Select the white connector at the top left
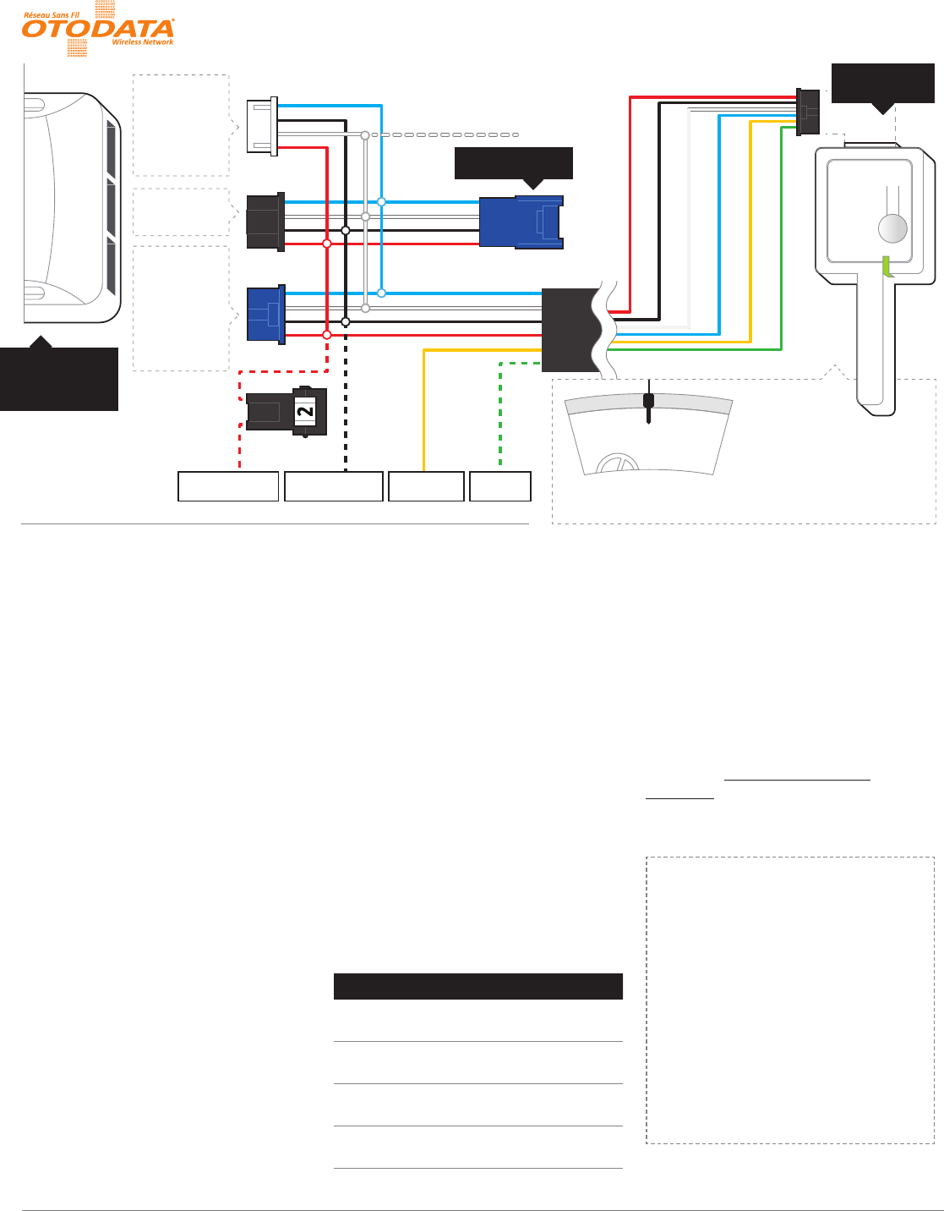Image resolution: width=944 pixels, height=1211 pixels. click(261, 126)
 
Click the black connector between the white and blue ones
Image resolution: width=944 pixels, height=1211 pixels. click(265, 222)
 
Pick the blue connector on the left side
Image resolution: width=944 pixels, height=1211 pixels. click(265, 315)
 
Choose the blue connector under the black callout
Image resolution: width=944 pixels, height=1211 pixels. click(521, 222)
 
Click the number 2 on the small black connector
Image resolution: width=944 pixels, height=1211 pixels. click(304, 411)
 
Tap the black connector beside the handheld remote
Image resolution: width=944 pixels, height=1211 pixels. click(807, 112)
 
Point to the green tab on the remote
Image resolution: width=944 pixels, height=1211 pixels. click(887, 266)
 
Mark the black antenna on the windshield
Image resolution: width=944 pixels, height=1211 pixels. click(648, 405)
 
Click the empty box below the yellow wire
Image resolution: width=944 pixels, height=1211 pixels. click(426, 486)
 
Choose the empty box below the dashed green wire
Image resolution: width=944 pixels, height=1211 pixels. click(500, 486)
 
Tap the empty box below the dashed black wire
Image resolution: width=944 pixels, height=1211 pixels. click(334, 486)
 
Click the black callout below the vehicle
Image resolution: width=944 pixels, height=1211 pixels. click(59, 378)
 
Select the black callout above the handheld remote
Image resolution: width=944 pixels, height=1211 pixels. click(883, 83)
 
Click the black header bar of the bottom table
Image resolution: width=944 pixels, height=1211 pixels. click(478, 987)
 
